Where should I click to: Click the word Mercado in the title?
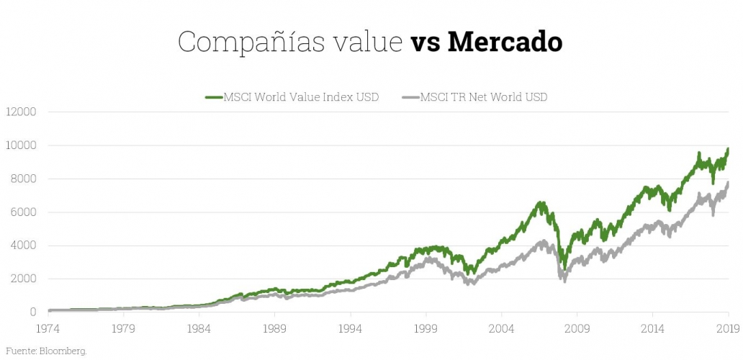[505, 42]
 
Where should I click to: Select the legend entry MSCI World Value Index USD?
[302, 97]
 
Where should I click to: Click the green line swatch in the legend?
[213, 97]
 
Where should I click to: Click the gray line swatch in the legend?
[409, 97]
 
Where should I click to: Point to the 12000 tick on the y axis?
[21, 112]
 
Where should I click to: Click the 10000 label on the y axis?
[21, 145]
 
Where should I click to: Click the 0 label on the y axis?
[33, 312]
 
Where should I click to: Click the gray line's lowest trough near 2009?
[564, 281]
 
